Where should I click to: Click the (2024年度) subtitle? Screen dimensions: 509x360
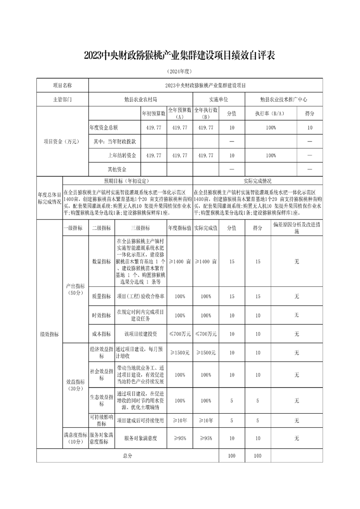tap(180, 72)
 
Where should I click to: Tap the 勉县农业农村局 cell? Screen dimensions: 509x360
tap(141, 99)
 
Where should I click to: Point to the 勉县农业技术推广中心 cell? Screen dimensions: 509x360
tap(284, 99)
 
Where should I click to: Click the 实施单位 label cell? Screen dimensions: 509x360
tap(218, 99)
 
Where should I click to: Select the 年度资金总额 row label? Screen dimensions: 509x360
tap(107, 128)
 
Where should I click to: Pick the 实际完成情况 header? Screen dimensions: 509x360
tap(258, 180)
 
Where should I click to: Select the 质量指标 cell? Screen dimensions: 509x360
tap(101, 296)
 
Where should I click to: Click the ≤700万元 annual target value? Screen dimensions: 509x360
tap(180, 333)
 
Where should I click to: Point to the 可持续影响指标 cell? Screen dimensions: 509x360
tap(101, 420)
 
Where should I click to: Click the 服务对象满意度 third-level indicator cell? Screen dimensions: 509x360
tap(140, 438)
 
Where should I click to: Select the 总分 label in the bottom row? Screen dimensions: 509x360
tap(128, 455)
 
